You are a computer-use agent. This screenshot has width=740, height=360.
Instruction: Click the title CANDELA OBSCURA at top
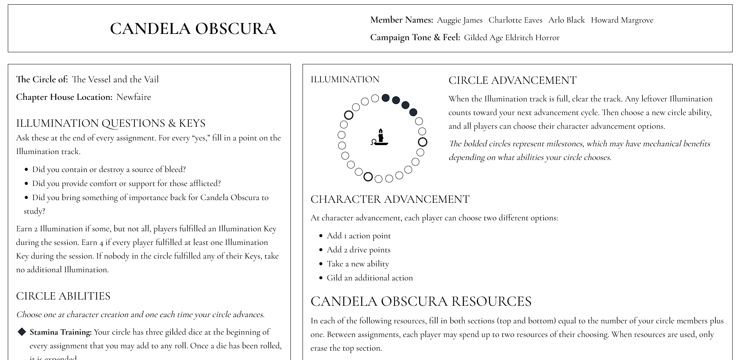pos(193,28)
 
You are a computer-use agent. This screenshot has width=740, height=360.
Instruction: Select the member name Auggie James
pos(460,20)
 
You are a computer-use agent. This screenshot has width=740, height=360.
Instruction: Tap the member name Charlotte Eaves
pos(515,20)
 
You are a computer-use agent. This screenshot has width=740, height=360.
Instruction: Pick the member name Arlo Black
pos(567,20)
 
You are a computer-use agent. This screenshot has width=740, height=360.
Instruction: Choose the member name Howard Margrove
pos(622,20)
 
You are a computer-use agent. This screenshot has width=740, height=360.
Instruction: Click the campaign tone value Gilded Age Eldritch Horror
pos(512,37)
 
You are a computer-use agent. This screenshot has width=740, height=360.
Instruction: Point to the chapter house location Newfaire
pos(133,97)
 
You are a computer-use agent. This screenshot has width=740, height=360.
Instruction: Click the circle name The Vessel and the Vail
pos(115,79)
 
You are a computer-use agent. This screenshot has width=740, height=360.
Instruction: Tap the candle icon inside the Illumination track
pos(380,137)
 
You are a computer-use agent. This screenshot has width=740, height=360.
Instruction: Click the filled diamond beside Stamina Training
pos(22,332)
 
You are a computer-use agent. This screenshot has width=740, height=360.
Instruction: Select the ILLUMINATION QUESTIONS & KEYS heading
pos(111,123)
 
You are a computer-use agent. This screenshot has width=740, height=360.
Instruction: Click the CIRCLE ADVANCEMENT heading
pos(512,80)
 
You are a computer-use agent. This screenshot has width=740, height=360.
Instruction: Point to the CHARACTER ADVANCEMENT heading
pos(390,199)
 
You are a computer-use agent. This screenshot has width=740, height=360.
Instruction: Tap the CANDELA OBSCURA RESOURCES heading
pos(421,301)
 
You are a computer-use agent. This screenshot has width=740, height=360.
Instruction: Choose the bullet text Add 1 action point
pos(359,236)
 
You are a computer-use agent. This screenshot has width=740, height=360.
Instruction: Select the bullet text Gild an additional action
pos(370,278)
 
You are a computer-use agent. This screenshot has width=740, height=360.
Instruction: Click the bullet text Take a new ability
pos(358,264)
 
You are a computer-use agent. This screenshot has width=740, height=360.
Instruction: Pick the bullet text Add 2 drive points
pos(358,250)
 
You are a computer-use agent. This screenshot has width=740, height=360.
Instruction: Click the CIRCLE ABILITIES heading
pos(63,296)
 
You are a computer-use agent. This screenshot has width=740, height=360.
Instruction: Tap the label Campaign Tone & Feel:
pos(415,37)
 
